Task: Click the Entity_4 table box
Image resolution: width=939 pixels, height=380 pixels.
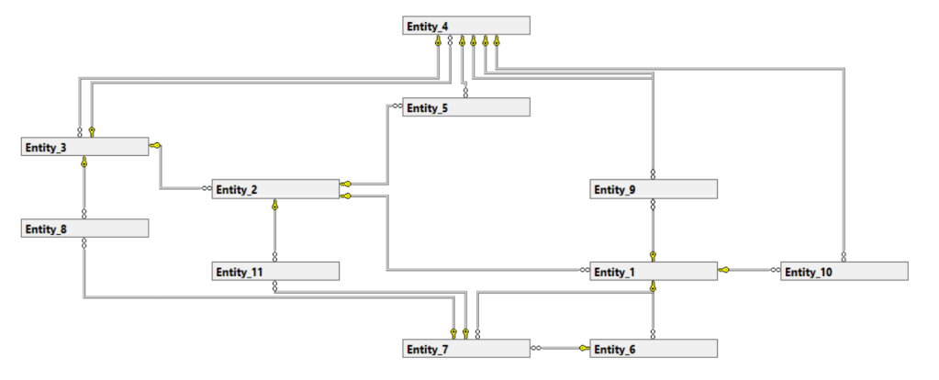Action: (x=466, y=26)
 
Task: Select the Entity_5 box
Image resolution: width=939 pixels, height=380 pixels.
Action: (x=466, y=107)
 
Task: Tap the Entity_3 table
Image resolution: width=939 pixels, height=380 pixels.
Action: (x=84, y=147)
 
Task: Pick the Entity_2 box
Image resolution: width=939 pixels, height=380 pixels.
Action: (x=275, y=189)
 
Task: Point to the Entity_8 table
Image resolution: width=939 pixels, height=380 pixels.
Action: (x=84, y=229)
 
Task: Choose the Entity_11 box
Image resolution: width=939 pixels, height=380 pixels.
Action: (x=275, y=271)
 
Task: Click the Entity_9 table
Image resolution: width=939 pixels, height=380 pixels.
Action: (x=653, y=189)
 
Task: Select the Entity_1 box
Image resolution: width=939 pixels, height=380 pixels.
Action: (x=653, y=271)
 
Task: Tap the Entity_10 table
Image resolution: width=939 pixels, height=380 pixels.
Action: (x=844, y=271)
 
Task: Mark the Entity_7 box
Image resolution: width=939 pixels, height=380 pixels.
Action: (x=466, y=349)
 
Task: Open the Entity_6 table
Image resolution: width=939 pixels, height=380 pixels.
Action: (x=653, y=349)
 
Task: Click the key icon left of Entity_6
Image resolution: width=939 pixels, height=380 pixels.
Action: (x=584, y=349)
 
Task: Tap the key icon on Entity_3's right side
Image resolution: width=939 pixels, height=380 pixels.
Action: (x=155, y=145)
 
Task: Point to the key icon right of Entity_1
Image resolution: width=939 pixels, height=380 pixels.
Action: (x=724, y=270)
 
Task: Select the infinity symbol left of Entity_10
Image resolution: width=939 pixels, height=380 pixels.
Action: (x=776, y=270)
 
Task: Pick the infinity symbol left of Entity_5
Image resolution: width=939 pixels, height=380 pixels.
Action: (x=397, y=106)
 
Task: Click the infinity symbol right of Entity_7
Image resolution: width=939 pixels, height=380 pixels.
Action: (x=536, y=349)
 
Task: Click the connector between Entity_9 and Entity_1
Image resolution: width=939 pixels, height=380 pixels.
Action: (x=653, y=225)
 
